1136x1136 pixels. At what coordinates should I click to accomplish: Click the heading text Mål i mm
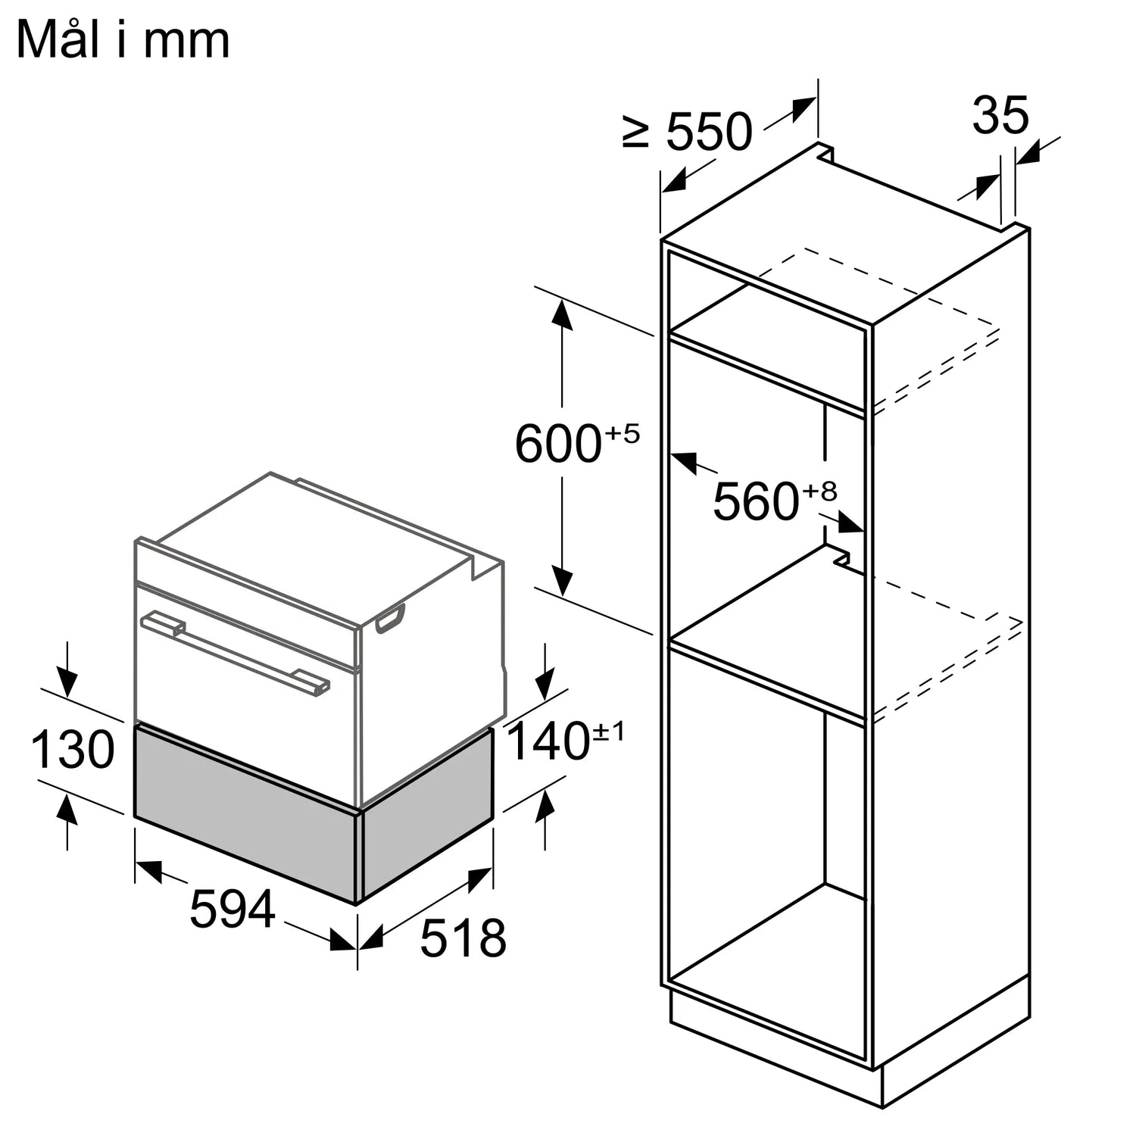coord(123,40)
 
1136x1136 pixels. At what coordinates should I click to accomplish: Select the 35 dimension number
coord(1000,115)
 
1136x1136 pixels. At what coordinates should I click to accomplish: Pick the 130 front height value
coord(73,750)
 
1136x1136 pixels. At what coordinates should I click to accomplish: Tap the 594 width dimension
coord(232,909)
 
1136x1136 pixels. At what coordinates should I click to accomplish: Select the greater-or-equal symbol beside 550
coord(636,132)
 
